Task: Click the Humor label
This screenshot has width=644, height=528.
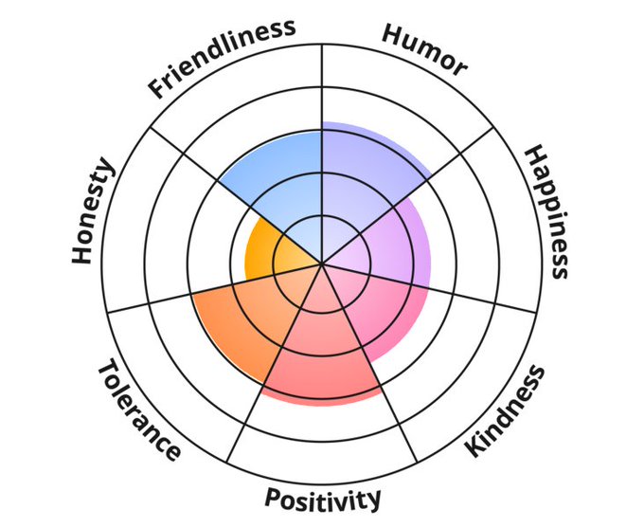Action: click(x=424, y=48)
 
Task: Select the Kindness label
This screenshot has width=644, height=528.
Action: click(x=506, y=410)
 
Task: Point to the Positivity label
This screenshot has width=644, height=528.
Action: click(x=323, y=499)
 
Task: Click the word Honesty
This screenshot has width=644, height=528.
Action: click(x=93, y=212)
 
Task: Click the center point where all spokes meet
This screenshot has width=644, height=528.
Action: click(x=322, y=264)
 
